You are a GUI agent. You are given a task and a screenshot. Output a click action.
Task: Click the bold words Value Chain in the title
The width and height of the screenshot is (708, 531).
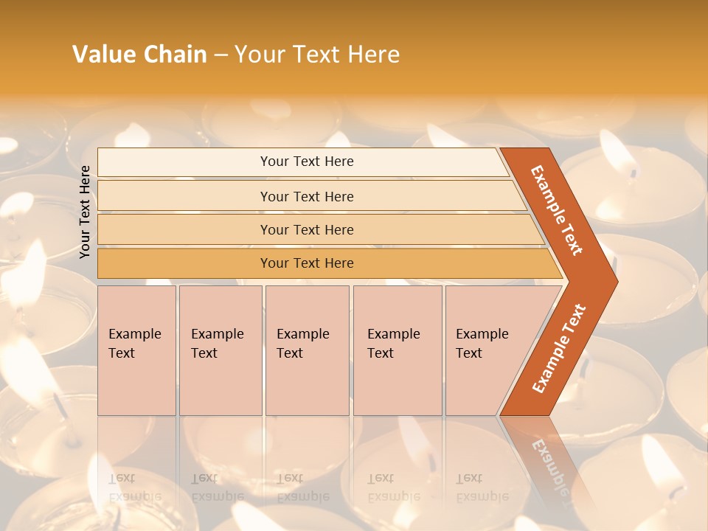[x=139, y=55]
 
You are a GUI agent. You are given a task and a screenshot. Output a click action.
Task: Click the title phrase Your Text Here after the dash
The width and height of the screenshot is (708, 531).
[x=317, y=55]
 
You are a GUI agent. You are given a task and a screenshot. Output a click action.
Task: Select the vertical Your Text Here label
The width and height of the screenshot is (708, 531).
[x=85, y=212]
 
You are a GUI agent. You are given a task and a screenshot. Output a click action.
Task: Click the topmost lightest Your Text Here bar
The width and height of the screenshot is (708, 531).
[x=306, y=162]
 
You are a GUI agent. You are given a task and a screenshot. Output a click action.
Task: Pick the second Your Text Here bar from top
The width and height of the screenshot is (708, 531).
[x=306, y=196]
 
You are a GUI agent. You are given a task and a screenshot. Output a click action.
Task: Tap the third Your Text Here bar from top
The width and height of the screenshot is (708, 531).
[x=306, y=229]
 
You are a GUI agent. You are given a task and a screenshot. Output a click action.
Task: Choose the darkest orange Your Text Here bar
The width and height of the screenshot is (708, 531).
[x=306, y=263]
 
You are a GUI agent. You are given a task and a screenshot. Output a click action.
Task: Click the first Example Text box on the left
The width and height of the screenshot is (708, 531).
[x=136, y=350]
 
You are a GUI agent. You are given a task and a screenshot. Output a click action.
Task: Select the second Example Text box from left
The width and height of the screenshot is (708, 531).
[x=220, y=350]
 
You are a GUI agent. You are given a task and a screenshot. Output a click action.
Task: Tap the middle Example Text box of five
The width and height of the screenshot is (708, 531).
[x=306, y=350]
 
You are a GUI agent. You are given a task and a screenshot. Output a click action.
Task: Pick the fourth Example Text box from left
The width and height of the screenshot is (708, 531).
[x=397, y=350]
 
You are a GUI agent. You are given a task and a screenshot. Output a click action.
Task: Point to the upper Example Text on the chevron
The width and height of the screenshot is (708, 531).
[x=557, y=210]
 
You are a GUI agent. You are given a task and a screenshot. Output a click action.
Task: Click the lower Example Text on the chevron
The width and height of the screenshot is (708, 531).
[x=559, y=348]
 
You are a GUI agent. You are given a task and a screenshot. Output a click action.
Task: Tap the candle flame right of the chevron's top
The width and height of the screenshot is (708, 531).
[x=616, y=151]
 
